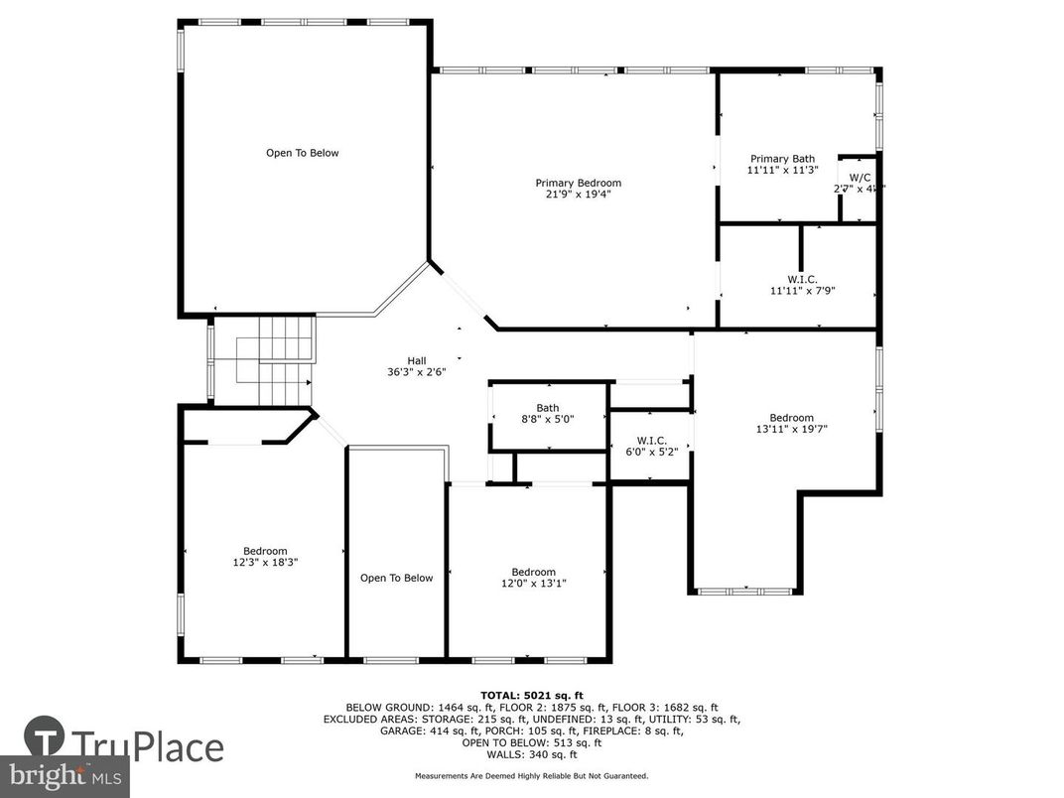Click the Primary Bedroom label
(x=578, y=183)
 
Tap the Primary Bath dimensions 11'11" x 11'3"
(x=782, y=171)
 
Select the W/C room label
(x=860, y=177)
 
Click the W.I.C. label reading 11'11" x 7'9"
(x=803, y=291)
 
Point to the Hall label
(x=417, y=360)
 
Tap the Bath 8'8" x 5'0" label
(x=547, y=408)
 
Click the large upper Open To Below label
(x=302, y=153)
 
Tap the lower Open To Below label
(x=396, y=578)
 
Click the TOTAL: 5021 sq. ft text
(x=531, y=695)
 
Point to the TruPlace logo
(x=123, y=744)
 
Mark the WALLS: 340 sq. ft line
(x=531, y=754)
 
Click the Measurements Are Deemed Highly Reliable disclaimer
(x=531, y=775)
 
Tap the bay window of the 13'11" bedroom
(x=745, y=592)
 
